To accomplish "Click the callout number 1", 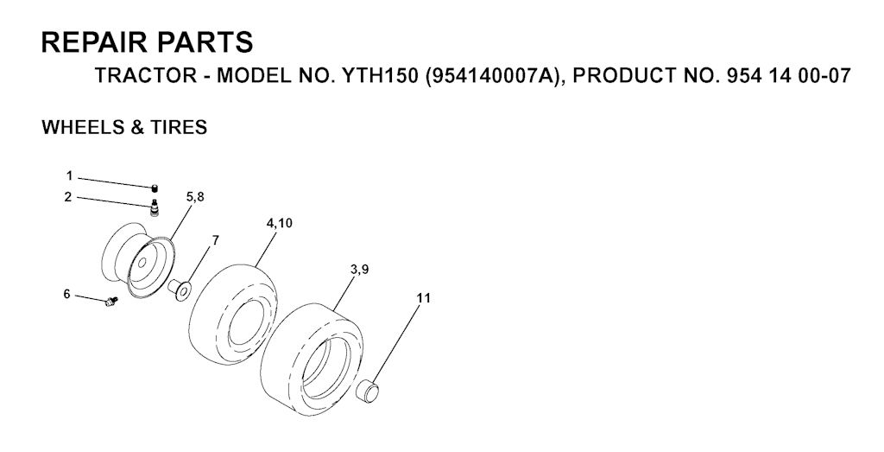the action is (x=69, y=176).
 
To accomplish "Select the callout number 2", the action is (x=68, y=197).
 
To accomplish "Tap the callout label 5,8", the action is (x=194, y=197).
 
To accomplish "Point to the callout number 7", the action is (x=215, y=240).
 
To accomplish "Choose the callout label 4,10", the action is (x=279, y=223).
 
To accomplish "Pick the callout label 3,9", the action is (x=359, y=270).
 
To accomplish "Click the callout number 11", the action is (x=423, y=298).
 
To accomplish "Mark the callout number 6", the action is (x=66, y=294).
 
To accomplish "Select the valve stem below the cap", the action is (x=154, y=207).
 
